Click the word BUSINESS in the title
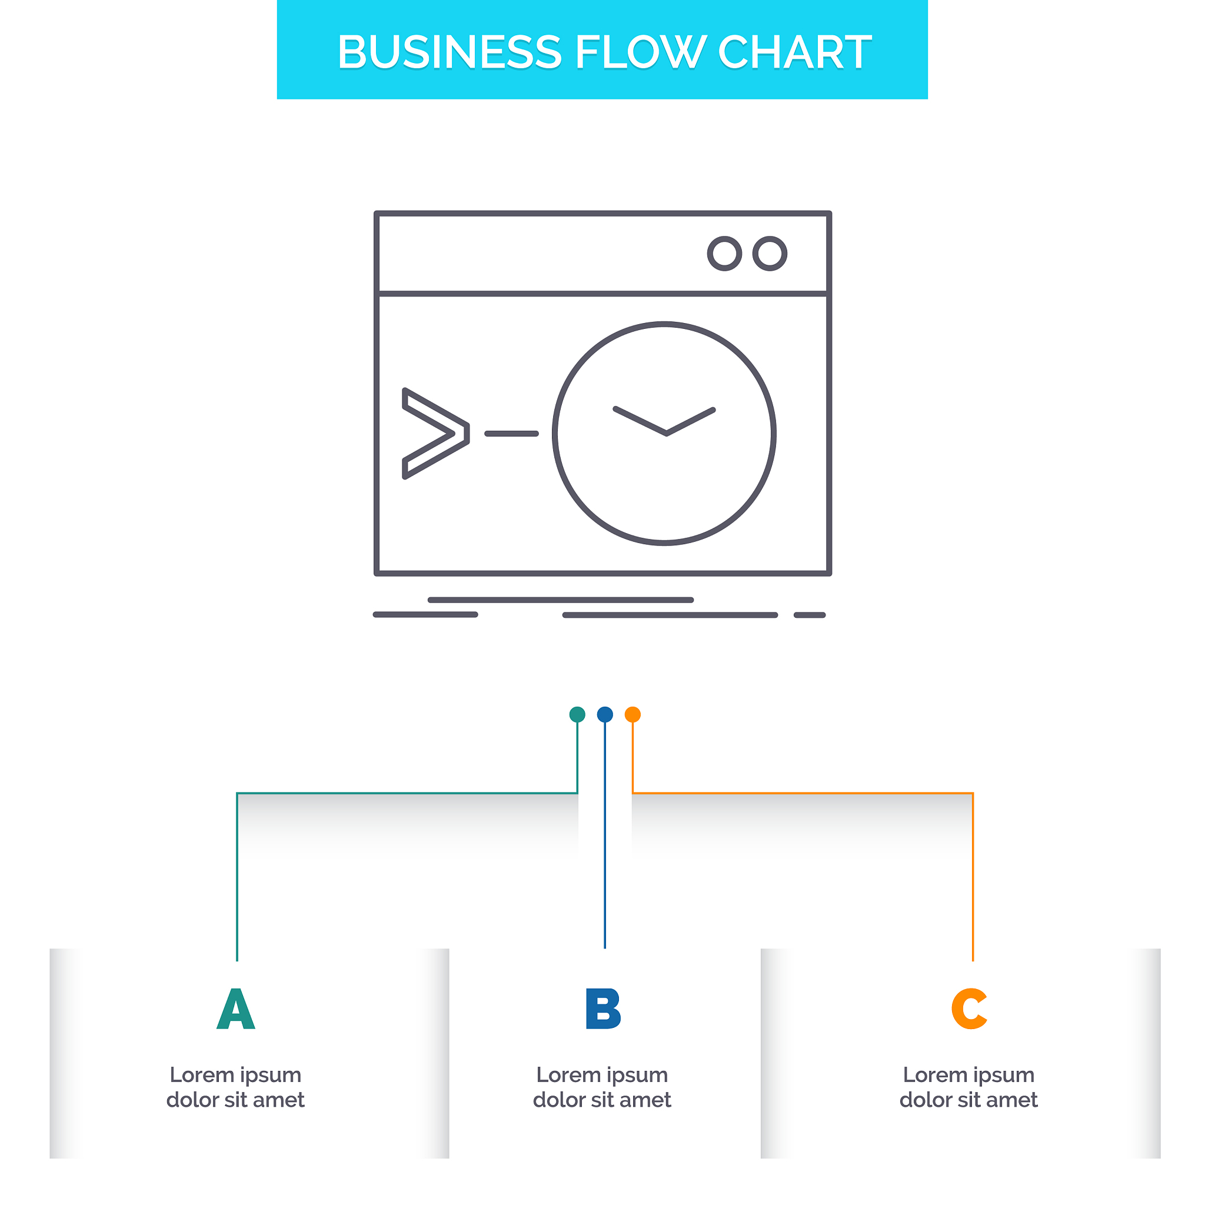point(449,52)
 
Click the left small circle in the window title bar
point(724,254)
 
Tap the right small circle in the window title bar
point(770,254)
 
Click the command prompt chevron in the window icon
point(435,434)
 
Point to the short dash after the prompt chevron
point(511,434)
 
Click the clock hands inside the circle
point(665,422)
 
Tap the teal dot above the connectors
point(578,714)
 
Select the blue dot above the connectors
point(605,714)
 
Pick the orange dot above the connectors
point(633,714)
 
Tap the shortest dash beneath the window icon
point(810,615)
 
